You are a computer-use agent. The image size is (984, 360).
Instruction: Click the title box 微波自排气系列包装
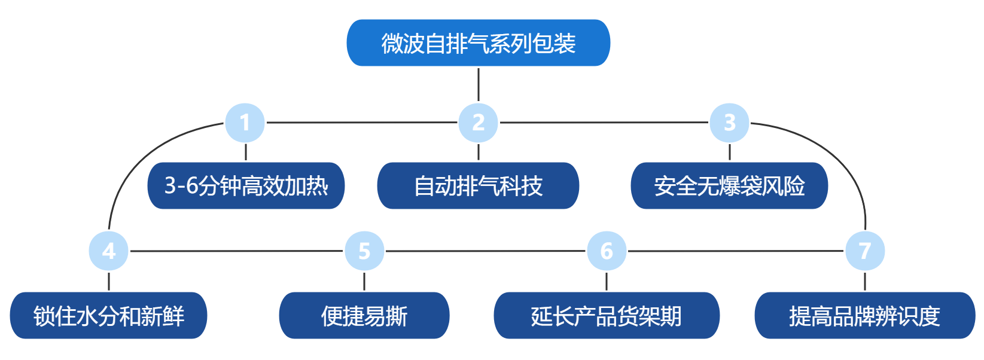click(x=478, y=43)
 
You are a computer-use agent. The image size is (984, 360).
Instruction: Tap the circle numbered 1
click(x=245, y=123)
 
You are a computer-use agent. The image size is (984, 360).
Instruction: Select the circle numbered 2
click(x=478, y=123)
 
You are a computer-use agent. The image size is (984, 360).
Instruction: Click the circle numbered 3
click(x=729, y=123)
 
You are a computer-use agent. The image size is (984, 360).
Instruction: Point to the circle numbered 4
click(x=109, y=251)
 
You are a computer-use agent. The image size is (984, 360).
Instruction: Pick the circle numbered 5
click(x=364, y=251)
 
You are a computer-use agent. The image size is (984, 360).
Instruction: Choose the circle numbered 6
click(x=607, y=251)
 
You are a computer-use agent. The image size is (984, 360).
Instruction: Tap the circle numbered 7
click(x=865, y=251)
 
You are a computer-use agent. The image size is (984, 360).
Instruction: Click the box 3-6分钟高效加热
click(x=246, y=186)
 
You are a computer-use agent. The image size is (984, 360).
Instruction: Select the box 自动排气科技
click(x=478, y=186)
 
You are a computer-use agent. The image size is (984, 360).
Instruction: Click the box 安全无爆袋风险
click(x=729, y=186)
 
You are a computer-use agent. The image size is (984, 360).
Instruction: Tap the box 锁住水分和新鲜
click(x=108, y=316)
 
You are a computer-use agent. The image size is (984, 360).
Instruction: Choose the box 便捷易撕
click(x=364, y=316)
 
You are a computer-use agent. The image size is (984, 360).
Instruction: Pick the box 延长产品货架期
click(x=607, y=316)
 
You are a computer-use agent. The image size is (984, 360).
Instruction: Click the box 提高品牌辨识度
click(x=865, y=316)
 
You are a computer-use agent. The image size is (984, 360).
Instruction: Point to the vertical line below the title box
click(x=479, y=84)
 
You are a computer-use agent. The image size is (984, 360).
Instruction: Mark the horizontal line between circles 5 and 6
click(x=485, y=251)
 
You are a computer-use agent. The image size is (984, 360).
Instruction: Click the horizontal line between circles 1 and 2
click(x=362, y=123)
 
